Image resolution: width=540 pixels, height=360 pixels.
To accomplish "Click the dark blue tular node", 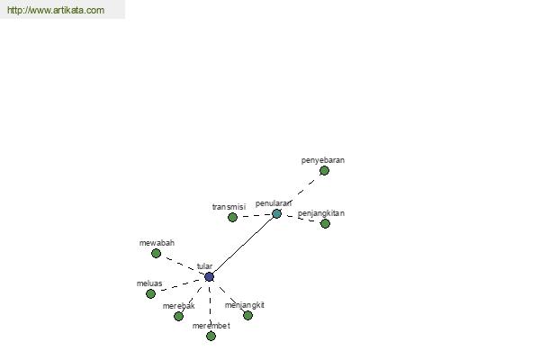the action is pyautogui.click(x=209, y=276).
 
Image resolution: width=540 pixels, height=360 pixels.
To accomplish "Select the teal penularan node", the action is pyautogui.click(x=276, y=213).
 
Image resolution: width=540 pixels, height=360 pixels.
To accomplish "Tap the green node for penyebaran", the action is pyautogui.click(x=324, y=170).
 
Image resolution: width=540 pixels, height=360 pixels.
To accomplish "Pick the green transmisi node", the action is pyautogui.click(x=232, y=218).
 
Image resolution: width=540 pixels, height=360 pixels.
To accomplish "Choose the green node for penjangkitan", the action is pyautogui.click(x=325, y=223).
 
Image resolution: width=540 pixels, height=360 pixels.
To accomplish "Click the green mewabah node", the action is pyautogui.click(x=156, y=253).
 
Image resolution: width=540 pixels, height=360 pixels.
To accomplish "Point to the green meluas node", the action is pyautogui.click(x=150, y=294).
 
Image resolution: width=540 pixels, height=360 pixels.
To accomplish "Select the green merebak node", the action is pyautogui.click(x=178, y=316).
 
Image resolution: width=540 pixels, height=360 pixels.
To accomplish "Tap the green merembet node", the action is pyautogui.click(x=211, y=336).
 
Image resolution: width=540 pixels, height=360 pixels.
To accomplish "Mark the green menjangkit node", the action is pyautogui.click(x=247, y=315).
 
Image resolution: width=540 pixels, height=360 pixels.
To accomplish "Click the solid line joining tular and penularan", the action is pyautogui.click(x=243, y=246).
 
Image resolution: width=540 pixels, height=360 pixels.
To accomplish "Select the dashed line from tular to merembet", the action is pyautogui.click(x=210, y=306).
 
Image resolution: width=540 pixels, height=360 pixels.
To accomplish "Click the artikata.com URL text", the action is pyautogui.click(x=56, y=10).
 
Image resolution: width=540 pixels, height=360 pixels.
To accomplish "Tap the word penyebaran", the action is pyautogui.click(x=323, y=160).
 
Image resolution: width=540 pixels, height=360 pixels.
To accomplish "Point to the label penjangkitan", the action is pyautogui.click(x=321, y=213).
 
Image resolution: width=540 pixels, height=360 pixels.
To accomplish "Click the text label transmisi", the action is pyautogui.click(x=229, y=207).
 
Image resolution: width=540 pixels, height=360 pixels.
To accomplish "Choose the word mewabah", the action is pyautogui.click(x=157, y=243).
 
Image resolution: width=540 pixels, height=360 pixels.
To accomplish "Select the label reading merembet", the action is pyautogui.click(x=211, y=326).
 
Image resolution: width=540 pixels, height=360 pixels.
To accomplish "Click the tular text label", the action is pyautogui.click(x=204, y=266).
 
